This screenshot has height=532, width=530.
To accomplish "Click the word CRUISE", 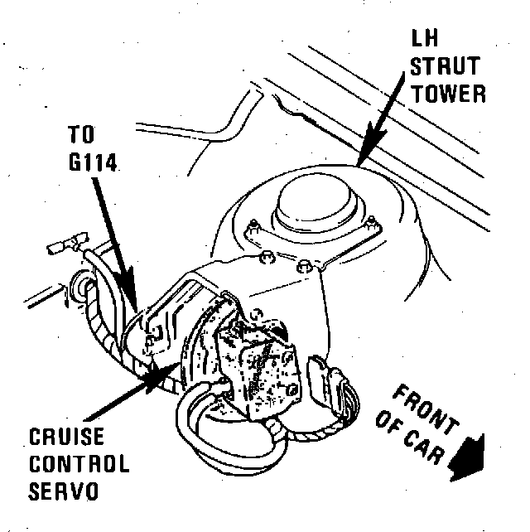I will pyautogui.click(x=63, y=437).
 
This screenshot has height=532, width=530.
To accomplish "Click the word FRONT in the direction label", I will pyautogui.click(x=422, y=407).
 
